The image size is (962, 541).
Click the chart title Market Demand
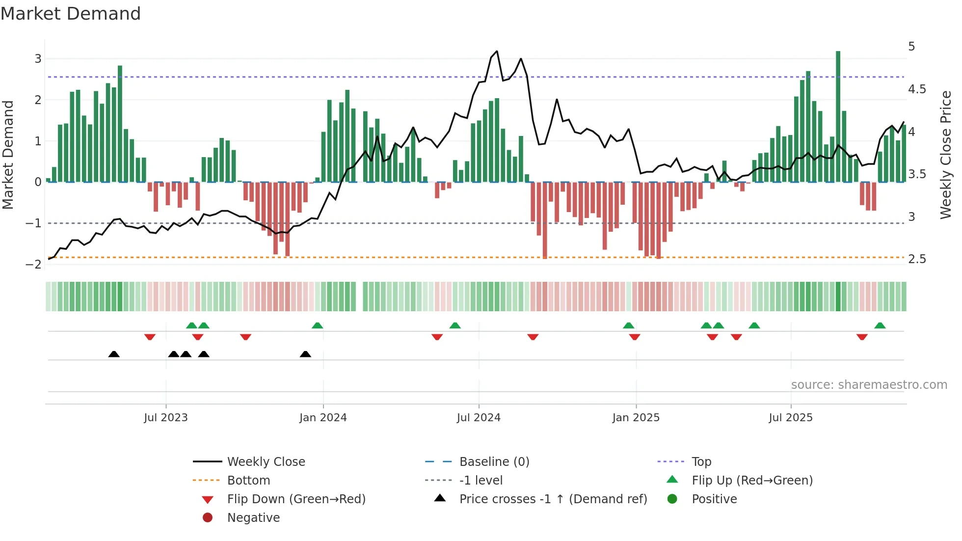tap(71, 14)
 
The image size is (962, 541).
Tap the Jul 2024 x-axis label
tap(479, 418)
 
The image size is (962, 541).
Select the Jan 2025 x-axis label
tap(636, 418)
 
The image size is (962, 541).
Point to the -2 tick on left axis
tap(33, 265)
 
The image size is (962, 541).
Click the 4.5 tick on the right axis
tap(917, 89)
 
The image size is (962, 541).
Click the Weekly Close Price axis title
tap(945, 155)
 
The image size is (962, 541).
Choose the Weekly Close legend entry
tap(266, 462)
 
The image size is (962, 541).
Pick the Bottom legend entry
tap(248, 481)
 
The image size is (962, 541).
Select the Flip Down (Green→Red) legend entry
tap(296, 499)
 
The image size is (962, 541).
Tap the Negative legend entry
tap(253, 518)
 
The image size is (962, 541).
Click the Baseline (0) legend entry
tap(494, 462)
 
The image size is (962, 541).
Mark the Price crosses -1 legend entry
tap(553, 499)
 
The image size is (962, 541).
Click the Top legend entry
tap(701, 462)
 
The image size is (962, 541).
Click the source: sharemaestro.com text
tap(869, 385)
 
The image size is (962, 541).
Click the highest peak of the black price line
tap(497, 51)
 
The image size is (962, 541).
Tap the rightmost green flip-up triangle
tap(880, 325)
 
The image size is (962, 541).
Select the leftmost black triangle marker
tap(114, 354)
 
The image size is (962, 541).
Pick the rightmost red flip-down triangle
tap(862, 337)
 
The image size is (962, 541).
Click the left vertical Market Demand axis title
tap(8, 155)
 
